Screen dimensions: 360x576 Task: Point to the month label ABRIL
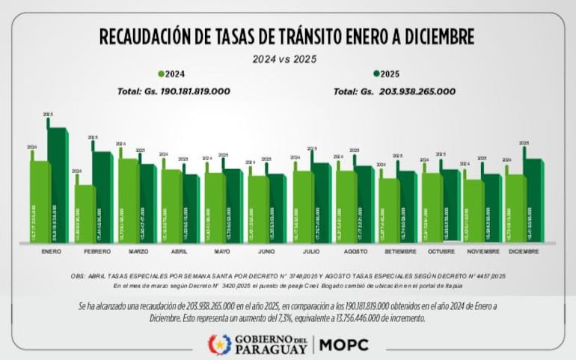[180, 252]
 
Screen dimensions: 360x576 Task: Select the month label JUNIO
[267, 252]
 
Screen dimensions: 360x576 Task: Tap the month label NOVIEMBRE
[482, 252]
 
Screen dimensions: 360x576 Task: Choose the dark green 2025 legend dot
[376, 74]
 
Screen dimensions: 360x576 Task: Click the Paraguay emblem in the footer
[218, 344]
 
